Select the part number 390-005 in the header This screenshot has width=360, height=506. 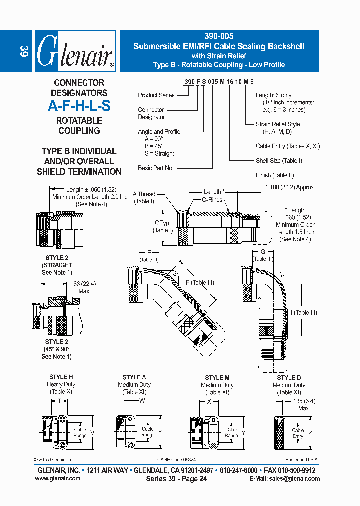[219, 36]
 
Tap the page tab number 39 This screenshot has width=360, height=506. [23, 51]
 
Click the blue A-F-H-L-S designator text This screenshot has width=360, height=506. [79, 106]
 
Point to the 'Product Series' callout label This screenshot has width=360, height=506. [156, 95]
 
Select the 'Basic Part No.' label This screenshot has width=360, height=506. [156, 168]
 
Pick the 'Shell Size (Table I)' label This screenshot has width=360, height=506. [279, 161]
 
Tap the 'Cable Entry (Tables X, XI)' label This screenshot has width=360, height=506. [288, 146]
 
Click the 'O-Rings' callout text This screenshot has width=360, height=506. [212, 199]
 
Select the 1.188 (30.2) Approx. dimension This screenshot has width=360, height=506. [290, 187]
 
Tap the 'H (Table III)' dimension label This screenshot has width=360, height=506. [302, 313]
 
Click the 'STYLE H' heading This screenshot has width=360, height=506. [61, 377]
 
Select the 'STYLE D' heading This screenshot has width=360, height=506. [289, 378]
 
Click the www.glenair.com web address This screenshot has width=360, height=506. [58, 478]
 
